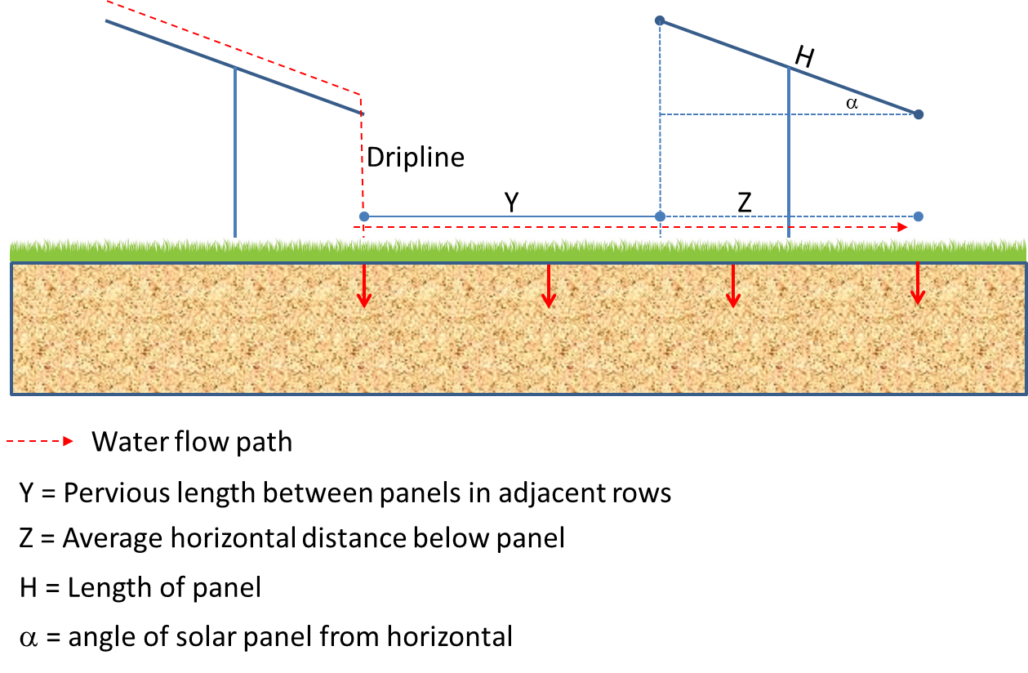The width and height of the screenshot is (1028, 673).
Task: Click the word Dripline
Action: (x=416, y=157)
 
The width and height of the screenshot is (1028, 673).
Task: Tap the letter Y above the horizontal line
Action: (x=512, y=202)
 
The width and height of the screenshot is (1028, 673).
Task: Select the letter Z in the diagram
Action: (x=745, y=202)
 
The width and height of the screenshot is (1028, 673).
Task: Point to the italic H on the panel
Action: (x=804, y=56)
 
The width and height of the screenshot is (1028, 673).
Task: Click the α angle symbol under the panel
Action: (x=852, y=103)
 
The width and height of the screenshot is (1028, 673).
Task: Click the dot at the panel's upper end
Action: (x=660, y=20)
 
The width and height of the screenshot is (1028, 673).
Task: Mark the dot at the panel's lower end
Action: (x=919, y=114)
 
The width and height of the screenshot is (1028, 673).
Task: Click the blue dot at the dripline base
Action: (x=364, y=216)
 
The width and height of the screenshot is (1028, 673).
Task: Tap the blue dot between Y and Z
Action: (x=660, y=216)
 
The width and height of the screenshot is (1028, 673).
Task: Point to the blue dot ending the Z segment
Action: (x=919, y=216)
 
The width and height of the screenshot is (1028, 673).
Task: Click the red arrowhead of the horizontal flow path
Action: (x=902, y=227)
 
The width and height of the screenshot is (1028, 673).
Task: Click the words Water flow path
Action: (x=192, y=442)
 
